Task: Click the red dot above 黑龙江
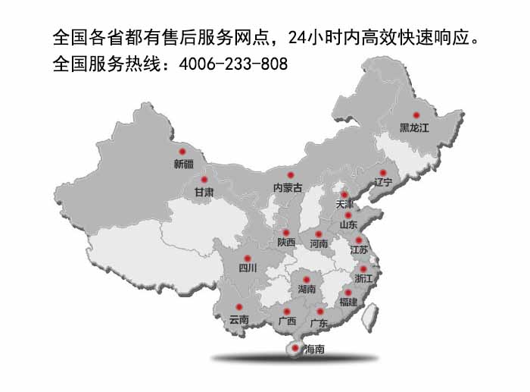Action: pyautogui.click(x=416, y=114)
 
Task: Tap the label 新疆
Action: pyautogui.click(x=183, y=164)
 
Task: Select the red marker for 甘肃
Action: pyautogui.click(x=204, y=180)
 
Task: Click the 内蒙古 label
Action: pyautogui.click(x=288, y=187)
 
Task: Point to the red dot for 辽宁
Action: pyautogui.click(x=382, y=172)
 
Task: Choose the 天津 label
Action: pyautogui.click(x=344, y=205)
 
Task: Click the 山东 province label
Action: pyautogui.click(x=348, y=224)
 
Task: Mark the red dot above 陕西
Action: pyautogui.click(x=285, y=232)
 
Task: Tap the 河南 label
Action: pyautogui.click(x=319, y=244)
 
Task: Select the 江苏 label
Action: pyautogui.click(x=359, y=249)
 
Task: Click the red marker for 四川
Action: pyautogui.click(x=247, y=258)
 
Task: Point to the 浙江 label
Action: pyautogui.click(x=364, y=279)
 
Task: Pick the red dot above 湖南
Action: pyautogui.click(x=307, y=279)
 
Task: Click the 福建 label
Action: pyautogui.click(x=348, y=302)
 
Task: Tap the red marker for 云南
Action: pyautogui.click(x=238, y=307)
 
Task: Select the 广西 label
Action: pyautogui.click(x=287, y=321)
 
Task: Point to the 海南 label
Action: pyautogui.click(x=313, y=350)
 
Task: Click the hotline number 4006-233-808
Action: pyautogui.click(x=233, y=64)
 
